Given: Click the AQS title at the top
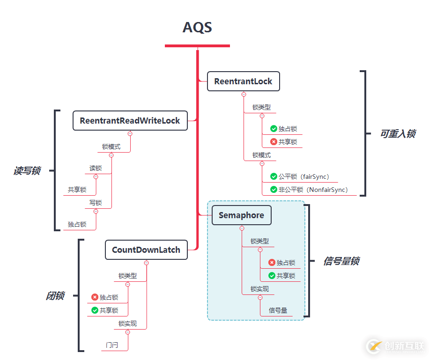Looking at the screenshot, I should click(x=197, y=28).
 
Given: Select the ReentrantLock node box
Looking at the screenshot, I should click(x=243, y=81).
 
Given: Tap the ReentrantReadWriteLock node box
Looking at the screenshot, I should click(x=130, y=121).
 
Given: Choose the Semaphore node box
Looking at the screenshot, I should click(x=241, y=215).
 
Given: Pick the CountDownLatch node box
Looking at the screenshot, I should click(x=146, y=250).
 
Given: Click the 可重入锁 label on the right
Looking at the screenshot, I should click(x=398, y=134).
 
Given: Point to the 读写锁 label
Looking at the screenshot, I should click(x=27, y=171).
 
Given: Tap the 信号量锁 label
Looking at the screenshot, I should click(x=341, y=261).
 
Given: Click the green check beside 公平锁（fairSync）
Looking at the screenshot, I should click(x=274, y=176).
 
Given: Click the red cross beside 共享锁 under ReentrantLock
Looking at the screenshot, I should click(x=274, y=141).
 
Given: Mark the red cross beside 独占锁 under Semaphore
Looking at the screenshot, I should click(x=272, y=263).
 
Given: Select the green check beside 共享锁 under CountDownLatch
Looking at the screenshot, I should click(x=95, y=310).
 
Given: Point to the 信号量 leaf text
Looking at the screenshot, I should click(x=278, y=310).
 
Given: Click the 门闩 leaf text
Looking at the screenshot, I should click(x=112, y=345).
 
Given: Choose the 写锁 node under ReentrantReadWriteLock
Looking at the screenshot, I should click(x=96, y=203).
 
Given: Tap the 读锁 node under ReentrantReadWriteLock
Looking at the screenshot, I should click(x=96, y=168).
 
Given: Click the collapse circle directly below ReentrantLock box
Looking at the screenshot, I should click(x=244, y=94).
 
